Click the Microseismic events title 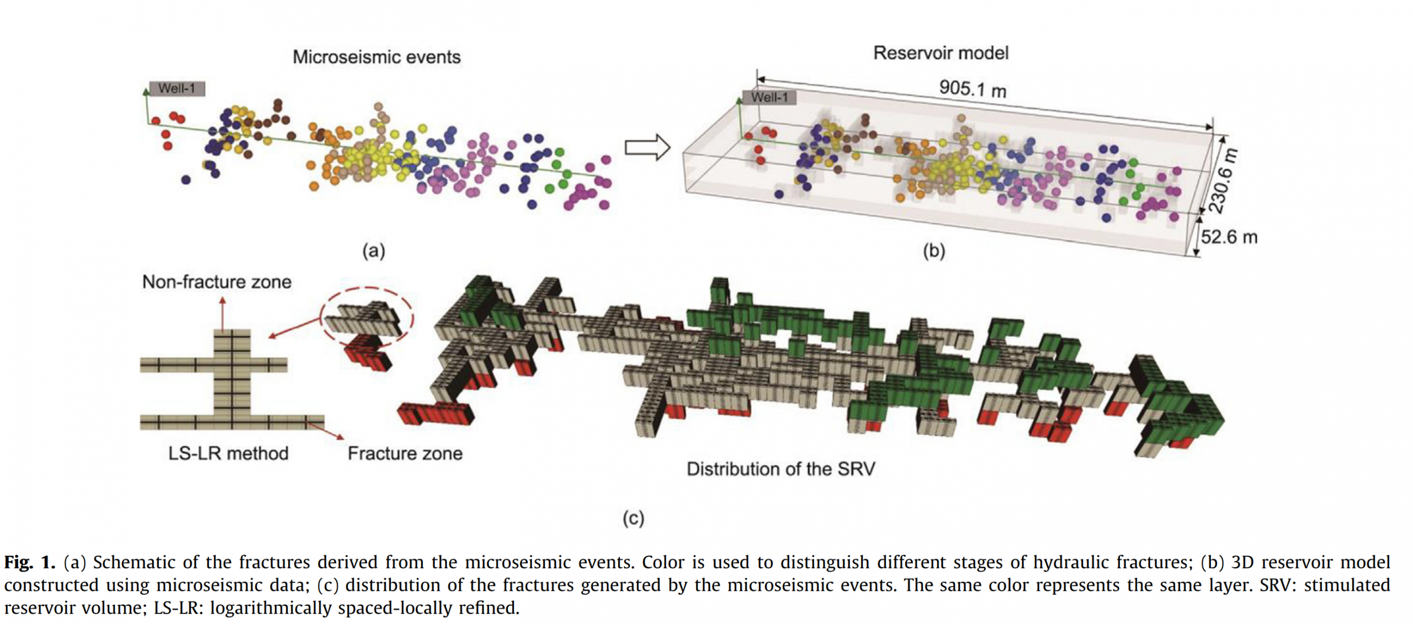click(376, 57)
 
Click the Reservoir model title click(941, 53)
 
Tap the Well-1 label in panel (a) click(177, 88)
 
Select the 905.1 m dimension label click(973, 88)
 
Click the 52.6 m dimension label click(1229, 237)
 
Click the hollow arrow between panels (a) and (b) click(647, 147)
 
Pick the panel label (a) click(374, 251)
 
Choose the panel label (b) click(934, 251)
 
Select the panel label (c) click(633, 518)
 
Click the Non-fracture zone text click(216, 282)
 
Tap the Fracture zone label click(405, 453)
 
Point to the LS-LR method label click(228, 453)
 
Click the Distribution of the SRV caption click(780, 469)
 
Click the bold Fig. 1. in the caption click(30, 562)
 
